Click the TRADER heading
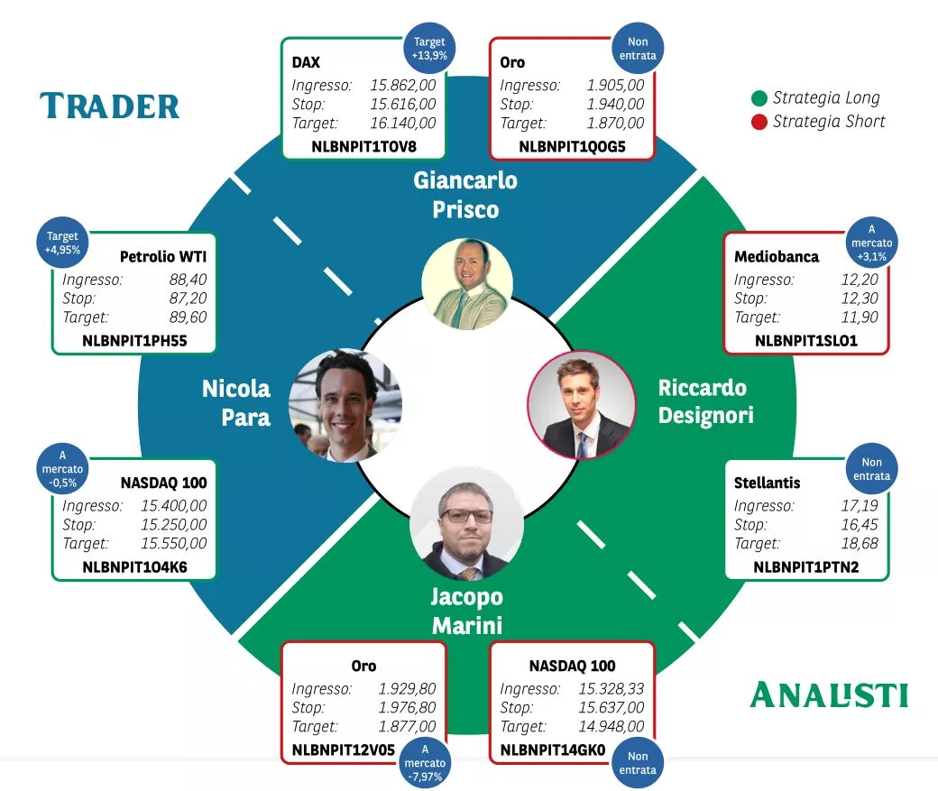point(110,106)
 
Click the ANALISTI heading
point(829,694)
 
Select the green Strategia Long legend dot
point(759,98)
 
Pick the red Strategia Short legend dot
point(759,122)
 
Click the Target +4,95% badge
point(63,244)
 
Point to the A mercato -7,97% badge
point(425,763)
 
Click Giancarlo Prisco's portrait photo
point(466,283)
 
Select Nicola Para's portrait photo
point(345,405)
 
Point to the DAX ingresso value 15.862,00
point(403,86)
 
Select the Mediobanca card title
point(777,257)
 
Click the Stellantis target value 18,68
point(859,544)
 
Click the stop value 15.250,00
point(173,525)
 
